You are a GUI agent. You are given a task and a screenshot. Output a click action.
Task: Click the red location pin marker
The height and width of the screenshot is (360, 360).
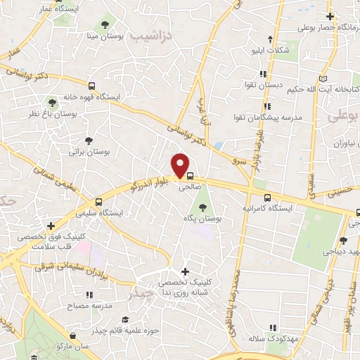[x=181, y=165]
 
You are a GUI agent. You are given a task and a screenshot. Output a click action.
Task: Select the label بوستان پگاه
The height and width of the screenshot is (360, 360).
[x=209, y=219]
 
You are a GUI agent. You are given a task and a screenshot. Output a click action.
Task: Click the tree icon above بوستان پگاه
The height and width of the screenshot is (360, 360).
[x=203, y=207]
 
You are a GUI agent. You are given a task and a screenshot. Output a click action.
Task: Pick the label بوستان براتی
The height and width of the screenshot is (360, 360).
[x=86, y=151]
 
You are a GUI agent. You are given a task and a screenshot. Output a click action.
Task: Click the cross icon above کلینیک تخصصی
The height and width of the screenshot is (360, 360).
[x=184, y=271]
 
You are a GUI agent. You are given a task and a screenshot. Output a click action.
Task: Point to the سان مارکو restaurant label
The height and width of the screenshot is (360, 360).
[x=75, y=347]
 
